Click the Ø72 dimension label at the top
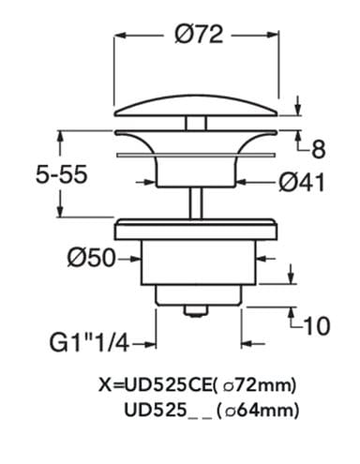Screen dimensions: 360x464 pyautogui.click(x=199, y=34)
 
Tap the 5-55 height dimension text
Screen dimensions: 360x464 pyautogui.click(x=61, y=174)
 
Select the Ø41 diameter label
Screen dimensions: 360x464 pyautogui.click(x=302, y=182)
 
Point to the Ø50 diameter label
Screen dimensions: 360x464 pyautogui.click(x=91, y=258)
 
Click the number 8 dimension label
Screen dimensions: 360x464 pyautogui.click(x=318, y=150)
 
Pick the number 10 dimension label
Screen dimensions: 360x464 pyautogui.click(x=317, y=325)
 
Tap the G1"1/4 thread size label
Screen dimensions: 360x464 pyautogui.click(x=89, y=344)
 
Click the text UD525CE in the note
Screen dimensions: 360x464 pyautogui.click(x=168, y=384)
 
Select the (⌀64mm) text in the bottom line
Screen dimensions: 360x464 pyautogui.click(x=257, y=410)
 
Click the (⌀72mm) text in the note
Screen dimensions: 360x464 pyautogui.click(x=255, y=385)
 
